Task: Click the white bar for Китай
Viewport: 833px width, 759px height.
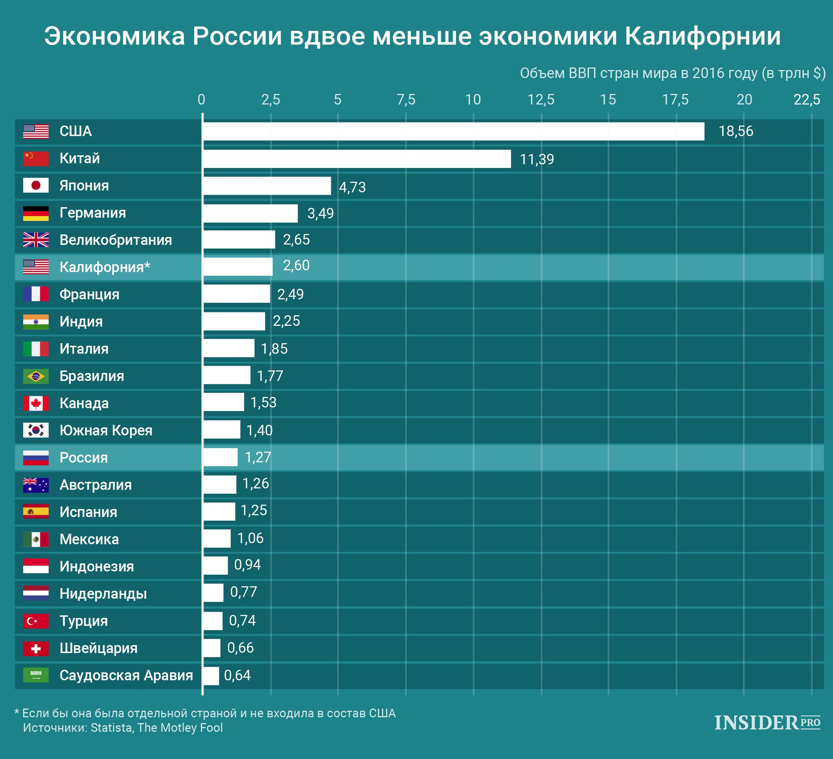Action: tap(357, 159)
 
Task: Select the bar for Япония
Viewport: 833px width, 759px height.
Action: tap(267, 186)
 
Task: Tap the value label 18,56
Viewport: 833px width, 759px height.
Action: tap(735, 131)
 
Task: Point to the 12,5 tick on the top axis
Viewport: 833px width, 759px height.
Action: tap(541, 100)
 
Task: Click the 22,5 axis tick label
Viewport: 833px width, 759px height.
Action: tap(807, 100)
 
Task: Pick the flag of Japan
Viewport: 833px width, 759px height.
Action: tap(36, 185)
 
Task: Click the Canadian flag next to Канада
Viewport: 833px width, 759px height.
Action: tap(36, 403)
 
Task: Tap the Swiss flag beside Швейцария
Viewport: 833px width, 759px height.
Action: tap(36, 648)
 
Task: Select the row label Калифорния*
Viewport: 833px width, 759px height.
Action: tap(105, 267)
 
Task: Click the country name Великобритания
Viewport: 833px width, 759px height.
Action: tap(116, 240)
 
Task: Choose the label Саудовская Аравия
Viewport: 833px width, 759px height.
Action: tap(126, 675)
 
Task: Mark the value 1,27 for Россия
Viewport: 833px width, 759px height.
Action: tap(258, 457)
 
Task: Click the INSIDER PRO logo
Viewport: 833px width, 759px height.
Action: tap(767, 723)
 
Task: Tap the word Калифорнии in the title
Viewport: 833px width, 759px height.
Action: tap(702, 36)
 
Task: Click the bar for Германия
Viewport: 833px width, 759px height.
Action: tap(251, 213)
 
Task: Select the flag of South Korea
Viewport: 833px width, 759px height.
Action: tap(36, 430)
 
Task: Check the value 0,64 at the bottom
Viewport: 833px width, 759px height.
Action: tap(237, 675)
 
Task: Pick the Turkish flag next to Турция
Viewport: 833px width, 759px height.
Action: tap(36, 621)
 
